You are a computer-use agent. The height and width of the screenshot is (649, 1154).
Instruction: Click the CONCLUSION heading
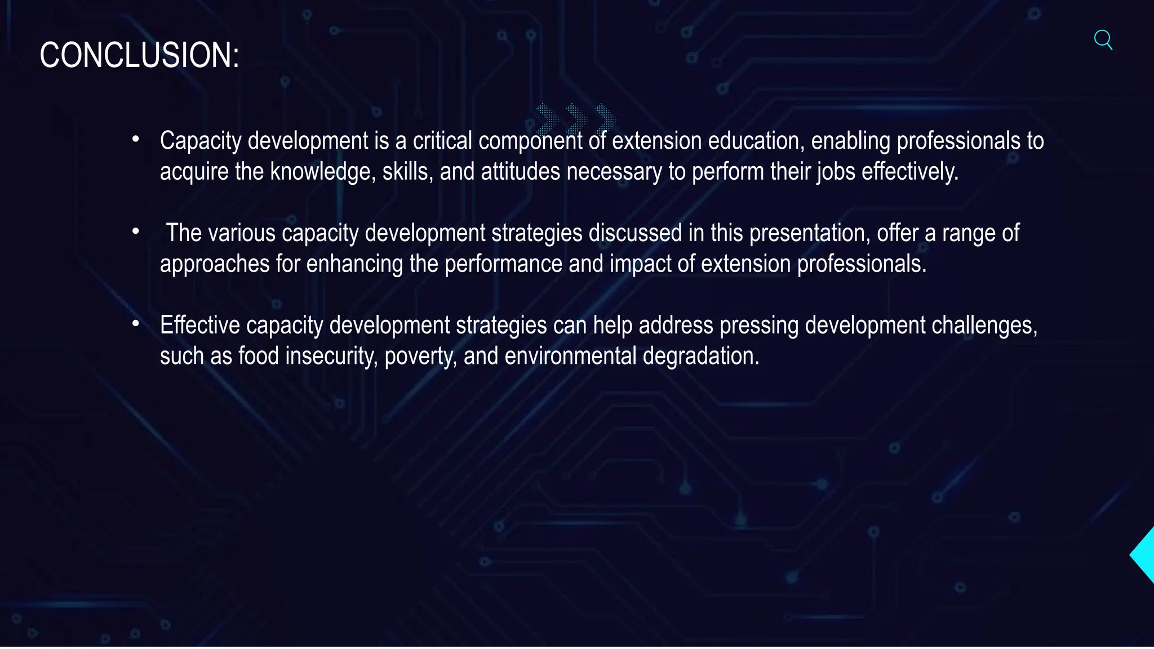139,55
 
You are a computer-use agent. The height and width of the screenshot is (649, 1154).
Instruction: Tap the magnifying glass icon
1103,40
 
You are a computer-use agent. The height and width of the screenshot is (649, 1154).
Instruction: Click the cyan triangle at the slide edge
1144,555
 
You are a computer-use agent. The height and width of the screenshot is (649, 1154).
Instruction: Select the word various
242,233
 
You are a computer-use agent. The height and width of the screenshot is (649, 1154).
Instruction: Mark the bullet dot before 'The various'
135,232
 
